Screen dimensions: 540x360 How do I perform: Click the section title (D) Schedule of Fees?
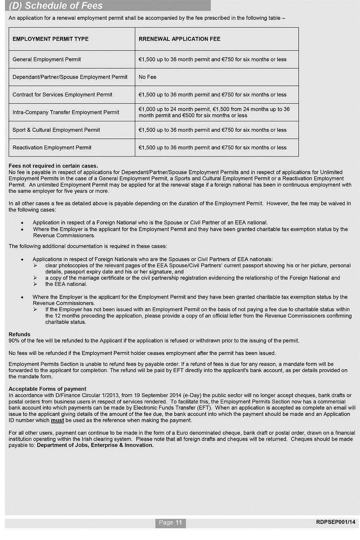click(x=56, y=6)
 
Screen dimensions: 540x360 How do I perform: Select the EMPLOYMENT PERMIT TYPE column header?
click(x=50, y=39)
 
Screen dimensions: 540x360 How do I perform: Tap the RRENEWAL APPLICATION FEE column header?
click(x=179, y=39)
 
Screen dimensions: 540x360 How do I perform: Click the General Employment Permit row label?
click(x=47, y=59)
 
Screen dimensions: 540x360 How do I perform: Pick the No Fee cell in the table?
click(x=148, y=77)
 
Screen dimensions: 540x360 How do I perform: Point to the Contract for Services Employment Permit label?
click(x=62, y=95)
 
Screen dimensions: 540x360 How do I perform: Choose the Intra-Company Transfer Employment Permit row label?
click(x=66, y=112)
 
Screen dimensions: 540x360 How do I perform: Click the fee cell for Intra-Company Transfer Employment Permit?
click(x=214, y=112)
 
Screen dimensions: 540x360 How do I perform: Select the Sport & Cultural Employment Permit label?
click(x=56, y=130)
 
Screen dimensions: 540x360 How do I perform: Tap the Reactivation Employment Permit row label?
click(x=52, y=148)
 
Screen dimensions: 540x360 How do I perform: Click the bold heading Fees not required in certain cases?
click(x=53, y=166)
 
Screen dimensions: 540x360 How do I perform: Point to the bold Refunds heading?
click(x=19, y=334)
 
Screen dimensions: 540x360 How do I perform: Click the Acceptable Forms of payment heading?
click(x=47, y=389)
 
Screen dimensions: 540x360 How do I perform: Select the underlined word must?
click(x=58, y=420)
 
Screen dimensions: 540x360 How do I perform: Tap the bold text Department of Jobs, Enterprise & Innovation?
click(x=95, y=445)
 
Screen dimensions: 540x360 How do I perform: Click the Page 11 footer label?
click(x=170, y=523)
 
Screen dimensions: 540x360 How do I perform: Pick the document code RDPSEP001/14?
click(x=335, y=522)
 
